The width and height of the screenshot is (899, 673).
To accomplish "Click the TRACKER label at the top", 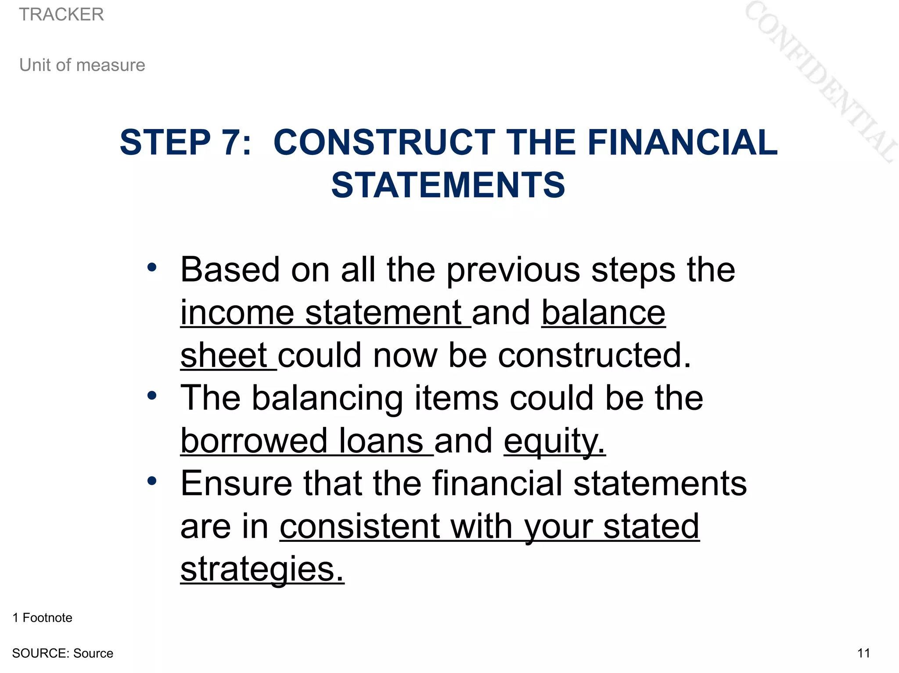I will click(x=61, y=14).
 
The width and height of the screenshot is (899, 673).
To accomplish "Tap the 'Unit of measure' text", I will click(x=82, y=65).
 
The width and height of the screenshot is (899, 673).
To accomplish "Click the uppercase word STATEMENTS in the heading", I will click(x=448, y=185).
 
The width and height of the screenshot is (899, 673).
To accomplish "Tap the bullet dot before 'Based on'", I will click(x=152, y=267).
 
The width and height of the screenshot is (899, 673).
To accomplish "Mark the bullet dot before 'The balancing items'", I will click(x=152, y=396).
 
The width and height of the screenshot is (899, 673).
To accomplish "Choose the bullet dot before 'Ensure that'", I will click(x=152, y=481).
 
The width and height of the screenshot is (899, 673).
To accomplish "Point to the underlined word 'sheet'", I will click(x=224, y=355).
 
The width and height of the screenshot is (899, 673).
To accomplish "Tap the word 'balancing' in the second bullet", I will click(x=327, y=398).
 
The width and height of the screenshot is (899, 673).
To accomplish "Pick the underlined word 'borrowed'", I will click(x=254, y=440).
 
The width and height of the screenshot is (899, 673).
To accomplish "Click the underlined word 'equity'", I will click(x=554, y=441).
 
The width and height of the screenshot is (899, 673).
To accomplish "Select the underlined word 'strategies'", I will click(x=262, y=569).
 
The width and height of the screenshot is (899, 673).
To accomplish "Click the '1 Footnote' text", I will click(x=43, y=618).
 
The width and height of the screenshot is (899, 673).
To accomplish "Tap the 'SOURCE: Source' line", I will click(x=63, y=653).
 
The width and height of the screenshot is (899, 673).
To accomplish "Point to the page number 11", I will click(x=863, y=653).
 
